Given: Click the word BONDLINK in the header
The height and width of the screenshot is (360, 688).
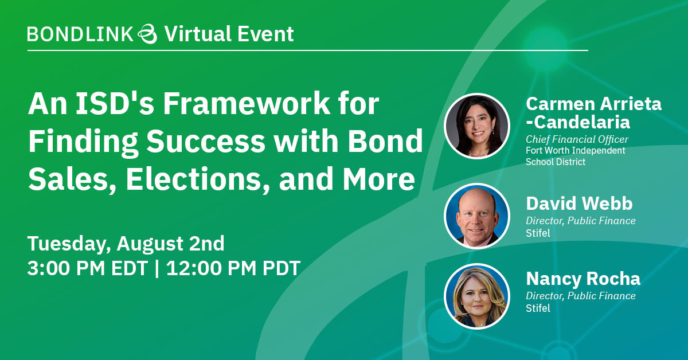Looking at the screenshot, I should point(80,34).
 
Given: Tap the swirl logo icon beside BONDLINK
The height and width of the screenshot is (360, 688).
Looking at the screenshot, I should point(148,34).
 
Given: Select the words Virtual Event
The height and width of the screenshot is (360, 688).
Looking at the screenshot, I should point(229,34).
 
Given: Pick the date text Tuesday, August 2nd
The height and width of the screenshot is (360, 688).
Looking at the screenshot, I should point(126,244).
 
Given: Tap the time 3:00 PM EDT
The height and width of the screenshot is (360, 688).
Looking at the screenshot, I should point(88,268).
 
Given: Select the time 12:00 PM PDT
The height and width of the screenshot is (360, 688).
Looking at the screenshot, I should point(233,268).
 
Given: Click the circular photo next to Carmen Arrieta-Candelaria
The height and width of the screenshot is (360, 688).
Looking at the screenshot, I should point(477,126).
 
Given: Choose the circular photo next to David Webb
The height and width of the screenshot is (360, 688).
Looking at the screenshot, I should point(477,216).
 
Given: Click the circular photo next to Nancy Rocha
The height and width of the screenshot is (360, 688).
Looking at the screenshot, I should point(477,296).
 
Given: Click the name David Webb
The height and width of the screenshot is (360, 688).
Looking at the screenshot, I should point(579,204).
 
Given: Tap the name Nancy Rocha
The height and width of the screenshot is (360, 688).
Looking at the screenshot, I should point(583,279).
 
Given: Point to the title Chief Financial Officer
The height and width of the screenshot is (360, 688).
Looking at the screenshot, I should point(577,139).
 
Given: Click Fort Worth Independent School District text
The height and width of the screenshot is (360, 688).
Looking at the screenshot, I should point(575,156).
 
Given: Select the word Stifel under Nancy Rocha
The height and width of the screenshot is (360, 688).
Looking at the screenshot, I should point(538,308).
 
